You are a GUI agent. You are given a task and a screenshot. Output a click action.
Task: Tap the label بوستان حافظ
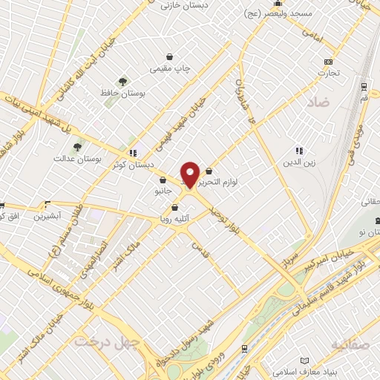pyautogui.click(x=124, y=94)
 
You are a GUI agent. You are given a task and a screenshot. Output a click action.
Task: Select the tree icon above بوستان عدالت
pyautogui.click(x=76, y=147)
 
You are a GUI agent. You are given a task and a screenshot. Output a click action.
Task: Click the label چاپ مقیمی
pyautogui.click(x=170, y=68)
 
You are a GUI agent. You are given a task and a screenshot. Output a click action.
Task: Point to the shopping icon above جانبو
pyautogui.click(x=162, y=180)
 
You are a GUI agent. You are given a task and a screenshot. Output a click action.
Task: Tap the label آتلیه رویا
pyautogui.click(x=174, y=218)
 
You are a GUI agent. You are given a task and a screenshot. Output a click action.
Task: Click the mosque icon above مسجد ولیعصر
pyautogui.click(x=276, y=3)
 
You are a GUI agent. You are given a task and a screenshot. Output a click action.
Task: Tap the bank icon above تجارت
pyautogui.click(x=328, y=62)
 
